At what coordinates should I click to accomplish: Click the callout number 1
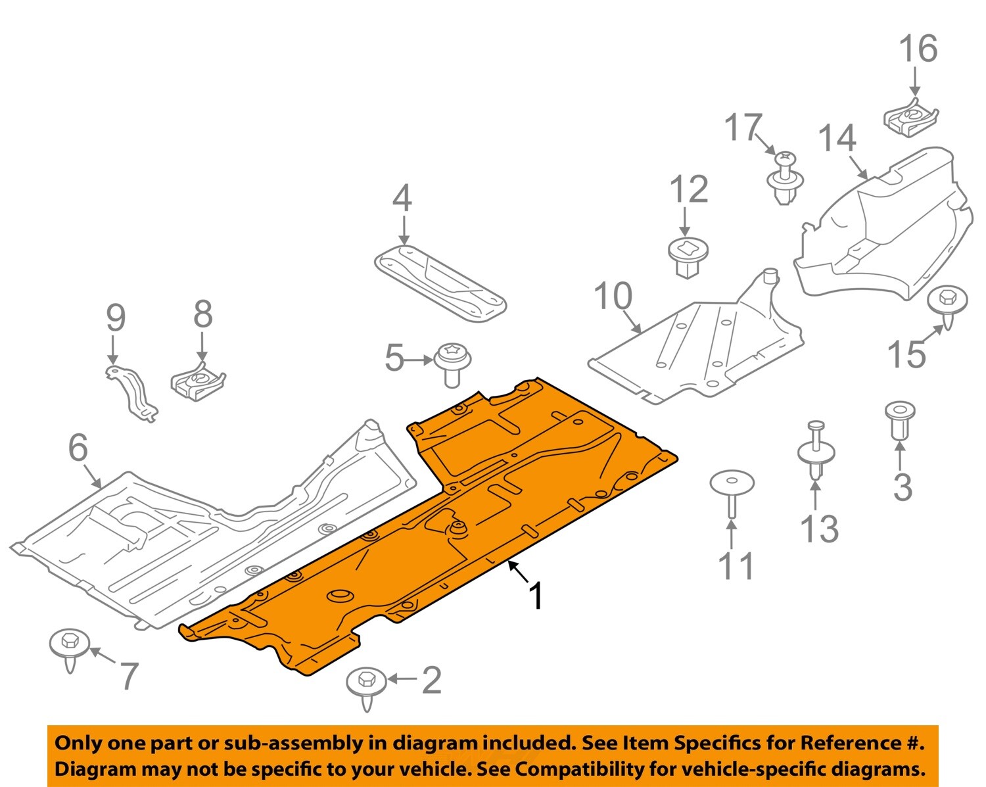click(x=536, y=595)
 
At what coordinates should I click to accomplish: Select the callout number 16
click(x=918, y=49)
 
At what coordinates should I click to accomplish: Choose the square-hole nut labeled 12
click(x=688, y=257)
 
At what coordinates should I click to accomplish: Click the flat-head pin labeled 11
click(x=732, y=490)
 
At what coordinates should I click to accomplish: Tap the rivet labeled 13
click(x=816, y=453)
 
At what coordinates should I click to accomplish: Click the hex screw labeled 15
click(x=947, y=304)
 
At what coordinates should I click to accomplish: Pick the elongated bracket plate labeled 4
click(x=440, y=283)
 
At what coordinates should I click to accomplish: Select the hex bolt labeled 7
click(x=70, y=647)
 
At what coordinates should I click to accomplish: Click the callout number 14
click(x=837, y=139)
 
